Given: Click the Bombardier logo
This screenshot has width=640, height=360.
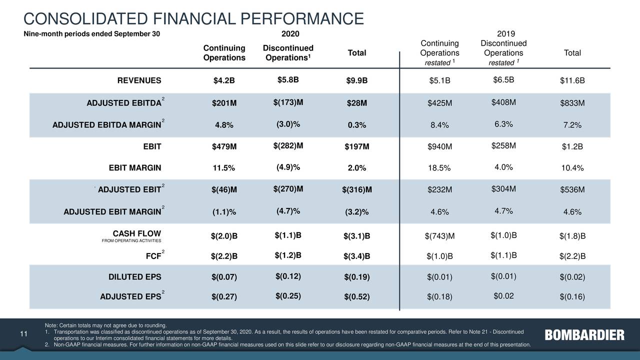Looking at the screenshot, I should coord(584,335).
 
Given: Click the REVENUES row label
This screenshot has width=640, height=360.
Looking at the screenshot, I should coord(139,81).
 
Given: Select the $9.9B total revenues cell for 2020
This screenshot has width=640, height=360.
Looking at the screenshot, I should coord(356,81).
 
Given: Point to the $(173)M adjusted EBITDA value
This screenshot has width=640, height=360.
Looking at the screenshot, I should coord(288,102).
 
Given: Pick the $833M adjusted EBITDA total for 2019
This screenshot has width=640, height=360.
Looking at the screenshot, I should coord(572,103).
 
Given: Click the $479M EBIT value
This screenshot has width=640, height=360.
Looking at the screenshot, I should coord(224,146).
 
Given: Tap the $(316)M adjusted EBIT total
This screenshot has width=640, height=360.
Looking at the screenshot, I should coord(356,189).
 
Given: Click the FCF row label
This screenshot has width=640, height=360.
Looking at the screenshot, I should coord(153,257).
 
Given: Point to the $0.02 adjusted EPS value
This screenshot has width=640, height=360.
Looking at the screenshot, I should coord(503,295).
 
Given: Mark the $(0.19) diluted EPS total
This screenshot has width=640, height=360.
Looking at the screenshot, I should coord(356,277).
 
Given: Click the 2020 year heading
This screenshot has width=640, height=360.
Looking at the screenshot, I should coord(290,34).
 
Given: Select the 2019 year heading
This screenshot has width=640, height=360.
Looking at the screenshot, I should coord(508,34).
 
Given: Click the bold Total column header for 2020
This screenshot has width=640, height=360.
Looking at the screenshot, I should coord(356,53).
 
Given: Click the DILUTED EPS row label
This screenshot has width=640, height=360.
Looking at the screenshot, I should coord(135,277).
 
